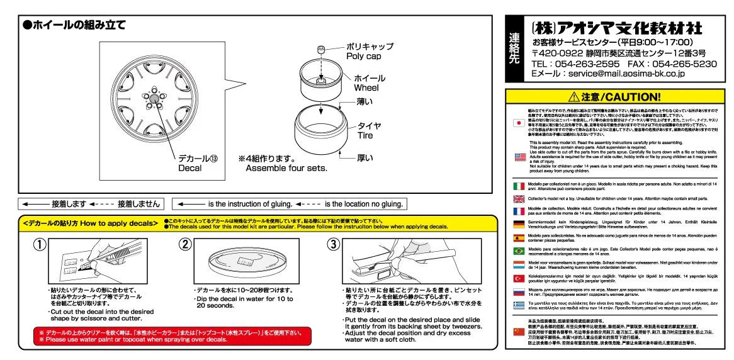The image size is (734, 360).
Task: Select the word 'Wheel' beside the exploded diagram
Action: (366, 87)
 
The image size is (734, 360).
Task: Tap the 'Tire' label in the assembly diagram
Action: (369, 135)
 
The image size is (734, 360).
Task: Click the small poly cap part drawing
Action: (321, 50)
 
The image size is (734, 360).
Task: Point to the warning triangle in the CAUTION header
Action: (573, 97)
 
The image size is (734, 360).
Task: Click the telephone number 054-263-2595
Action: (575, 64)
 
